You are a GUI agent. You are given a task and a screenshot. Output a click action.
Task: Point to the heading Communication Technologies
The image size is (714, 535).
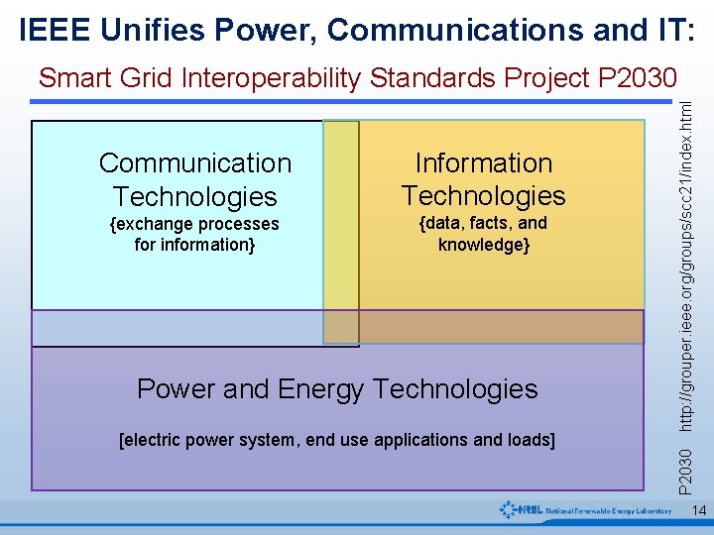coord(195,179)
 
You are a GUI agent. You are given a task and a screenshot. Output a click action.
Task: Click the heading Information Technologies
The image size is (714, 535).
coord(483,179)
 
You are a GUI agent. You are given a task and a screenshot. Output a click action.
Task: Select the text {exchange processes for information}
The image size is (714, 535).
coord(194,234)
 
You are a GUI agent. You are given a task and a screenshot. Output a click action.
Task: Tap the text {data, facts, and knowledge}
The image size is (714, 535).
coord(483,234)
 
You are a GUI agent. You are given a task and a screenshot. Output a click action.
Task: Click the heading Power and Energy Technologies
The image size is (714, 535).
coord(337,388)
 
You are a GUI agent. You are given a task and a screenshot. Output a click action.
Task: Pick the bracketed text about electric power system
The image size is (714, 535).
coord(337,439)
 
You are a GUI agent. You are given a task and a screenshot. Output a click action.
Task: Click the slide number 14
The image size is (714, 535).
coord(698,511)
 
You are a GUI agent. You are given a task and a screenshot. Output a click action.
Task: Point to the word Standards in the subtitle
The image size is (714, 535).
coord(430,77)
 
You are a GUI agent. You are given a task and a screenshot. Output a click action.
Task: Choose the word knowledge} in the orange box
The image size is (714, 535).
coord(484,245)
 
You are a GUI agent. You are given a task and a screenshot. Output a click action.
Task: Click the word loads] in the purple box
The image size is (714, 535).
coord(530,439)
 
